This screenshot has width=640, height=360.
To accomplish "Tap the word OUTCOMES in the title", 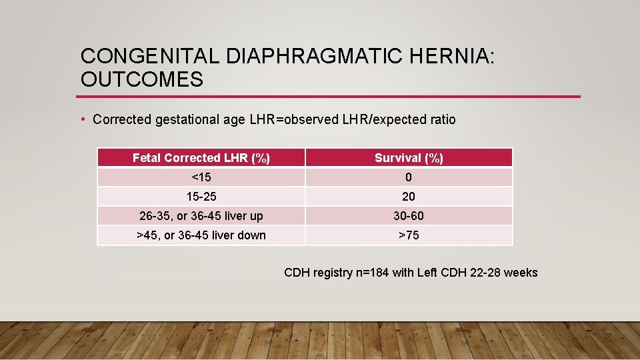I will click(x=141, y=79).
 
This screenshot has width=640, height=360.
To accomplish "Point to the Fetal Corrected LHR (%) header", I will click(x=201, y=158).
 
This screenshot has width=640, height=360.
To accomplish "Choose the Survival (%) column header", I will click(x=409, y=158).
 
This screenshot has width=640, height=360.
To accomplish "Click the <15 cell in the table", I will click(x=201, y=177).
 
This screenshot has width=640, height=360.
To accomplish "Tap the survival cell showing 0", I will click(x=409, y=177).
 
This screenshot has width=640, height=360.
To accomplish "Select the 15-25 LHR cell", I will click(x=201, y=197).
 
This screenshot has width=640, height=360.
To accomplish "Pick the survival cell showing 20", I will click(x=409, y=197).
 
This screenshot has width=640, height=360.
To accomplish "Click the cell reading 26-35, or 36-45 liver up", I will click(x=201, y=216).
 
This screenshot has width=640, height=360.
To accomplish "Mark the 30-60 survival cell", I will click(x=409, y=216).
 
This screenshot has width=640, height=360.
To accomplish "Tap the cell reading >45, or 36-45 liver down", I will click(x=201, y=235).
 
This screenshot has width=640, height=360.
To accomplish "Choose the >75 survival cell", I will click(x=409, y=235).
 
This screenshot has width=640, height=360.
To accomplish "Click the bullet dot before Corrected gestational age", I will click(x=82, y=119).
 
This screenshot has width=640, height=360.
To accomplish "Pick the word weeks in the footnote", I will click(x=520, y=273).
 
